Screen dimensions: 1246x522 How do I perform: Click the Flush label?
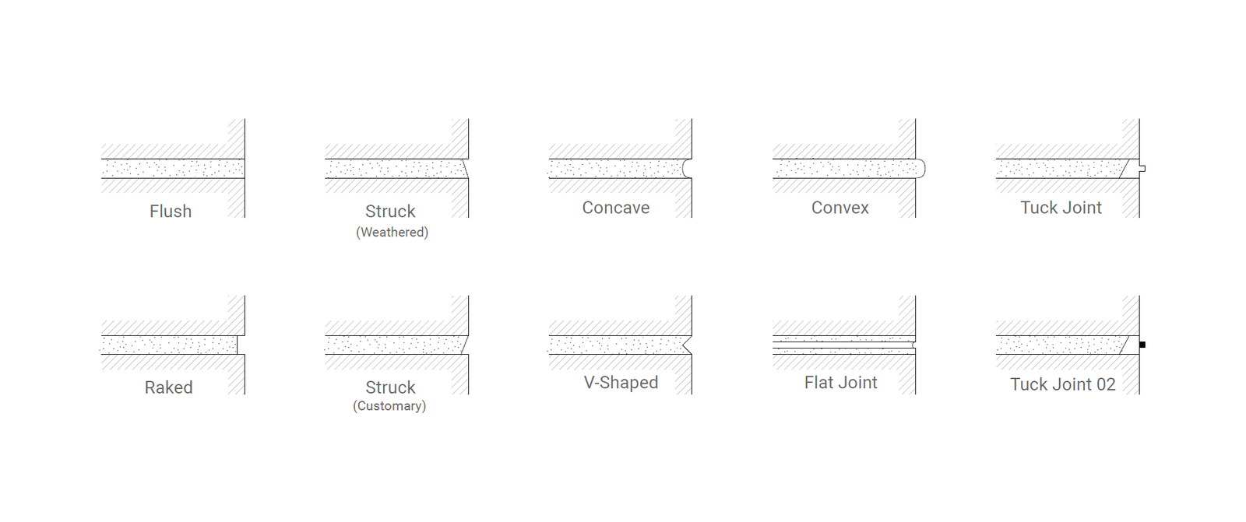tap(171, 212)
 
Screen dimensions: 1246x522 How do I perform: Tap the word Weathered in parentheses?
tap(392, 233)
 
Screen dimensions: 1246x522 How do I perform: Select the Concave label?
tap(616, 208)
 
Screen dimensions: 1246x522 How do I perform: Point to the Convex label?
tap(840, 208)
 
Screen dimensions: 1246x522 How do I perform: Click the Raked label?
tap(168, 387)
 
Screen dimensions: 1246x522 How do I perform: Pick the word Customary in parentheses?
tap(389, 406)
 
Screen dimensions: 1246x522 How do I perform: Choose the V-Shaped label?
tap(621, 383)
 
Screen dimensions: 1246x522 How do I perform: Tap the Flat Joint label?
tap(840, 383)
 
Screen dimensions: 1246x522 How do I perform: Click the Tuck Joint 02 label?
tap(1062, 384)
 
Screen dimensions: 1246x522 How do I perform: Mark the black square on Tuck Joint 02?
tap(1142, 345)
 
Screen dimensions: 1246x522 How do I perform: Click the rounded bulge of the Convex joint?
tap(920, 169)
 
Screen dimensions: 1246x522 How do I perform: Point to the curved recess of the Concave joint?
tap(687, 169)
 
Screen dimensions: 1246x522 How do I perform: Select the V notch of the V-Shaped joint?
tap(687, 345)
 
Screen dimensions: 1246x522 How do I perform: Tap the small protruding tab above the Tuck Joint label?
tap(1142, 169)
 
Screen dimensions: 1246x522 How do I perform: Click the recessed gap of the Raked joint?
tap(241, 345)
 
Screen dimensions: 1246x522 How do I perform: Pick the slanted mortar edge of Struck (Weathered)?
tap(465, 169)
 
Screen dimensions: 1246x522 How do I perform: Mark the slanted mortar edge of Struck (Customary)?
tap(465, 345)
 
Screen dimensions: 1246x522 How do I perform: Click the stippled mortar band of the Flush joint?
tap(173, 169)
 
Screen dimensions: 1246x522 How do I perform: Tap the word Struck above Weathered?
tap(390, 212)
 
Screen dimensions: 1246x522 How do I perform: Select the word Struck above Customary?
tap(390, 387)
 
